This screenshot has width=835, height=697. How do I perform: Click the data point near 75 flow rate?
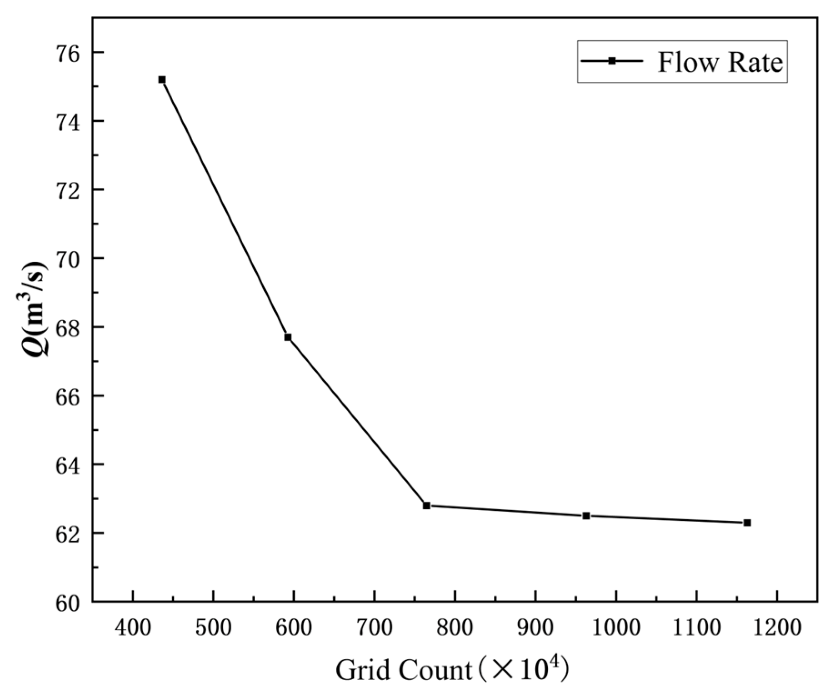point(162,80)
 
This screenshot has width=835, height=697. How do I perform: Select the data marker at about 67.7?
point(288,337)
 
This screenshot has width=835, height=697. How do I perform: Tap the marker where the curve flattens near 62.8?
point(426,506)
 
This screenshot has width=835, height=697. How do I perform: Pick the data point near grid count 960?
point(586,516)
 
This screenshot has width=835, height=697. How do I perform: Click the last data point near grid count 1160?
point(747,523)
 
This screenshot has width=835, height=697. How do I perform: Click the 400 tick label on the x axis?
point(133,628)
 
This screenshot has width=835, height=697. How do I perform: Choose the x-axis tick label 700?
point(374,628)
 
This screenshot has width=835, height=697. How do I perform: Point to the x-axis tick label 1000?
point(615,628)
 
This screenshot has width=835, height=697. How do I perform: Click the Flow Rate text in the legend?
point(720,62)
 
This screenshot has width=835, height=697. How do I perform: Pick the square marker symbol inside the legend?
point(612,61)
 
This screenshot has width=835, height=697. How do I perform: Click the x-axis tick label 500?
point(213,628)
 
